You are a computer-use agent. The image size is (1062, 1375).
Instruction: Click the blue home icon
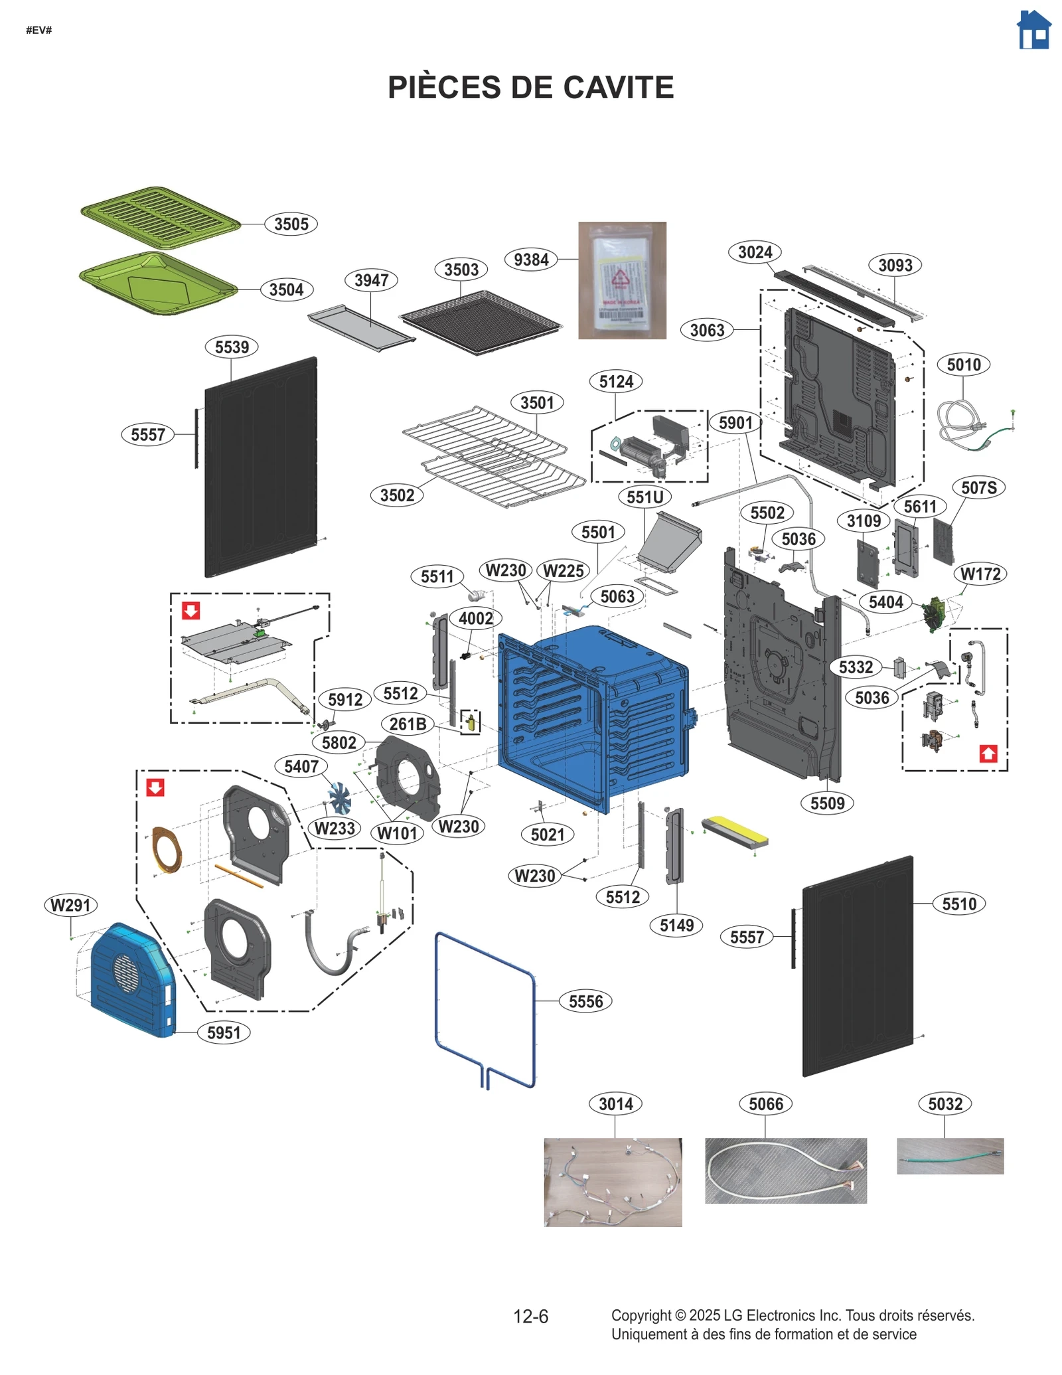[x=1033, y=31]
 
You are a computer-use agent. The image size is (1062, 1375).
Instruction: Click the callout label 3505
[x=291, y=224]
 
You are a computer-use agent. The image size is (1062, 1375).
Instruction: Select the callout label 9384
[x=531, y=260]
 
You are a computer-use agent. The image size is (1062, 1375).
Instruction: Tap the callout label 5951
[x=224, y=1032]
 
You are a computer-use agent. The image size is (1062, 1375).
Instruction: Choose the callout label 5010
[x=963, y=364]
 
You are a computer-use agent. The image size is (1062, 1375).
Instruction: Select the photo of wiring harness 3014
[x=613, y=1182]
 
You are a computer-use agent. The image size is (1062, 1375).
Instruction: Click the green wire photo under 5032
[x=949, y=1156]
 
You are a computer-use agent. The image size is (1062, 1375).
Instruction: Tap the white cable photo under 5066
[x=785, y=1171]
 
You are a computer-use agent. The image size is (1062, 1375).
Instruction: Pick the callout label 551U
[x=645, y=497]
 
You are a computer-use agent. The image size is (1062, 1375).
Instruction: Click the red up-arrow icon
[x=988, y=754]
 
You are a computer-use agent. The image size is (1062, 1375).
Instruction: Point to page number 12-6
[x=530, y=1316]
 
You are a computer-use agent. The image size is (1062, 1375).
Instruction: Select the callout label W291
[x=70, y=905]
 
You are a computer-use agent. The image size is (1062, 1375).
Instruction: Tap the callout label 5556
[x=585, y=1001]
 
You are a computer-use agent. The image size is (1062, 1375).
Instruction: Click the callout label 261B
[x=408, y=724]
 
